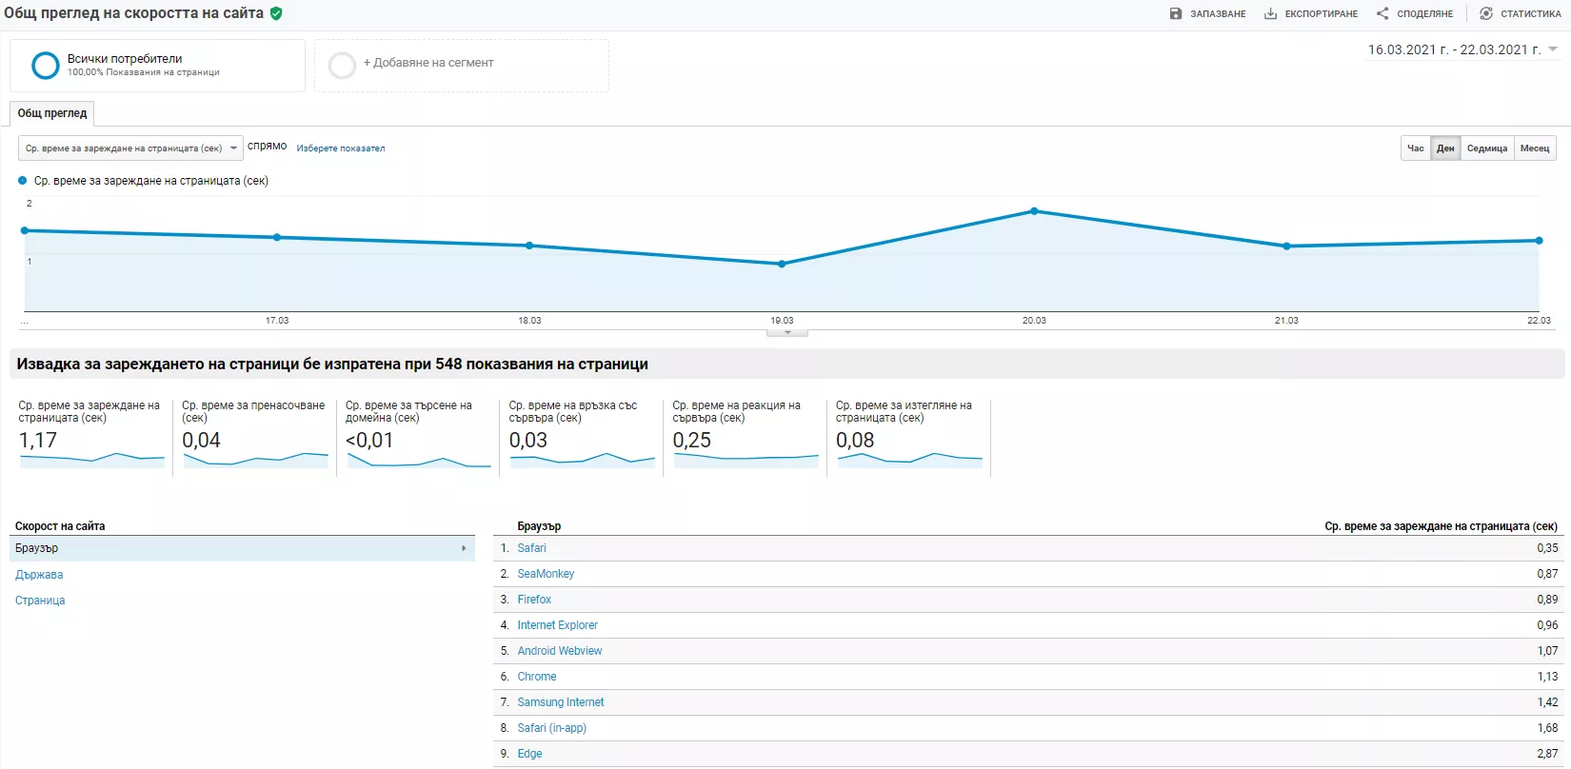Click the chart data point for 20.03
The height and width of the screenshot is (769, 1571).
point(1034,211)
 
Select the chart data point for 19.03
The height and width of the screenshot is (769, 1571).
point(782,265)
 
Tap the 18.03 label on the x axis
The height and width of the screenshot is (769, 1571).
point(529,321)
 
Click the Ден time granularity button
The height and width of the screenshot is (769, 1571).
point(1444,148)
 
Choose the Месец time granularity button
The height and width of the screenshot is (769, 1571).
point(1535,148)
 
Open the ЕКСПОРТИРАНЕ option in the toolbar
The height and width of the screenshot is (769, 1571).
point(1310,13)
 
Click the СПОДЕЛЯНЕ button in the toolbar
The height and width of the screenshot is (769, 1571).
point(1414,13)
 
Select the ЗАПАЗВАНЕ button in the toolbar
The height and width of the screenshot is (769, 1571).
point(1207,13)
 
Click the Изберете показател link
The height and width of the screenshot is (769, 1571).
point(340,148)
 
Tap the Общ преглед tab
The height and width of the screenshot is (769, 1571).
point(52,113)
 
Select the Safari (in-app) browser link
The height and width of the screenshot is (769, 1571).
point(552,728)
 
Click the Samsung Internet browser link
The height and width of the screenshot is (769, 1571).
point(561,701)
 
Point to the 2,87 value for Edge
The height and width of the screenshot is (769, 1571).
point(1547,754)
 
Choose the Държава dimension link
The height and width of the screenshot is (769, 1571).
point(39,574)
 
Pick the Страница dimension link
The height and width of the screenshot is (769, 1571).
point(40,600)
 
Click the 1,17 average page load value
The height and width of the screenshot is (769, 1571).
point(38,441)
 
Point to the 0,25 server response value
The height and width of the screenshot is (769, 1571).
point(691,441)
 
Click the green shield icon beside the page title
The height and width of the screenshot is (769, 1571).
point(276,13)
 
